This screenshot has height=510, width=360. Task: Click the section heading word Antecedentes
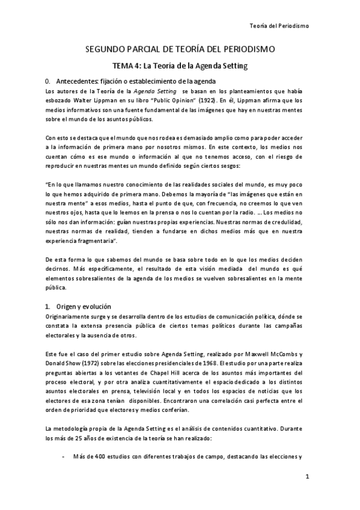coord(77,81)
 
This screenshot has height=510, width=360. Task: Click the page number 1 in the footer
coord(307,478)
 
